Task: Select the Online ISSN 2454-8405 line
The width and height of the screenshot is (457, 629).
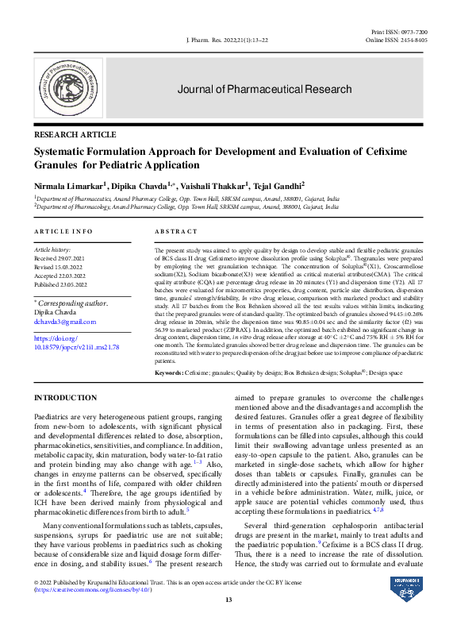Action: (396, 39)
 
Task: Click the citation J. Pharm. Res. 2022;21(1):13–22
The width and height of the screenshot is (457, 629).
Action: (226, 39)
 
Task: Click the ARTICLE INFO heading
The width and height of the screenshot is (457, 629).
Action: (63, 231)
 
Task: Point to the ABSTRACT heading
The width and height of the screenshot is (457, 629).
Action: (175, 231)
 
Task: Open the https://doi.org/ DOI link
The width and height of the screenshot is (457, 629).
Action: (52, 338)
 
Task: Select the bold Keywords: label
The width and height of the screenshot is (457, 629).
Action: (170, 372)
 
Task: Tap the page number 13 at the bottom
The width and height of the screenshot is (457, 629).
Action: (228, 599)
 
